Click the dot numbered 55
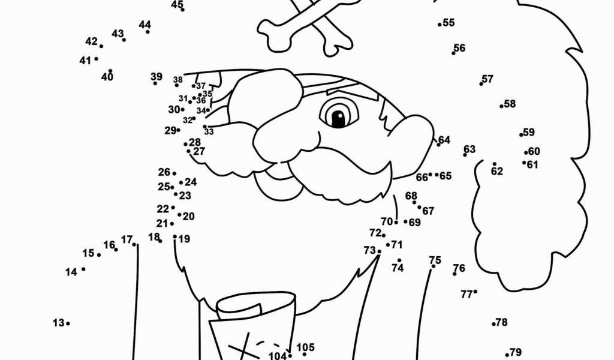(440, 25)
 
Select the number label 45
(177, 4)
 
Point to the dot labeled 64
(438, 145)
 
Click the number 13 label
(58, 323)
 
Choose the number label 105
(306, 347)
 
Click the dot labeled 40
(110, 71)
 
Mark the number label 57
(487, 79)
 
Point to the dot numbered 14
(83, 269)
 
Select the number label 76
(459, 268)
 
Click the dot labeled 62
(495, 164)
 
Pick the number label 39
(156, 76)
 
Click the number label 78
(502, 322)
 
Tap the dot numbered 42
(101, 46)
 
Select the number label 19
(184, 239)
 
